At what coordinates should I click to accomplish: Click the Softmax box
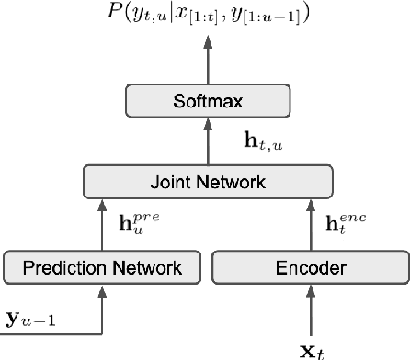(x=206, y=103)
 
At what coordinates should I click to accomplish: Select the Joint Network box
(x=206, y=182)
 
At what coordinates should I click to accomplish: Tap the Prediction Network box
(x=102, y=267)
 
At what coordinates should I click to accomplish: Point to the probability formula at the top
(x=206, y=15)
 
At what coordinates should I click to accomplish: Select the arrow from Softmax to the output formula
(x=206, y=60)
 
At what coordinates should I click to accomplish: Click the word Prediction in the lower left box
(x=71, y=267)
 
